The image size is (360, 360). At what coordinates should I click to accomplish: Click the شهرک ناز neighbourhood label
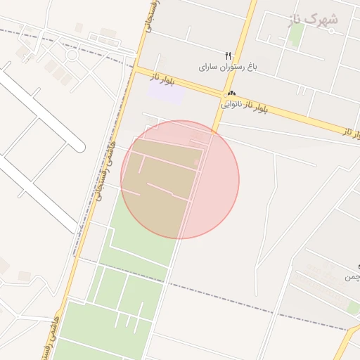pyautogui.click(x=314, y=20)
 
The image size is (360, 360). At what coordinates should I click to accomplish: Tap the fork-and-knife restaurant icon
pyautogui.click(x=228, y=56)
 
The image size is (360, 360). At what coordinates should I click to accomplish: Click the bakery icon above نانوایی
pyautogui.click(x=231, y=94)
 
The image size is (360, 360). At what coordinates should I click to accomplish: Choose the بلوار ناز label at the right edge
pyautogui.click(x=352, y=131)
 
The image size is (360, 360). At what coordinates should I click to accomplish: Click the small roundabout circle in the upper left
pyautogui.click(x=71, y=55)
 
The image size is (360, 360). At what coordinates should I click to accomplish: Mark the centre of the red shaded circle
pyautogui.click(x=180, y=180)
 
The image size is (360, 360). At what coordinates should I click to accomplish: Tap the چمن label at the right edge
pyautogui.click(x=352, y=277)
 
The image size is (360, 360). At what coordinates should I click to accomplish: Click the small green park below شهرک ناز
pyautogui.click(x=296, y=35)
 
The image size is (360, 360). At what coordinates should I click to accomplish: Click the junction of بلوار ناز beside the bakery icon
pyautogui.click(x=226, y=94)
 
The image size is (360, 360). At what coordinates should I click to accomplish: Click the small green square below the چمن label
pyautogui.click(x=352, y=307)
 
